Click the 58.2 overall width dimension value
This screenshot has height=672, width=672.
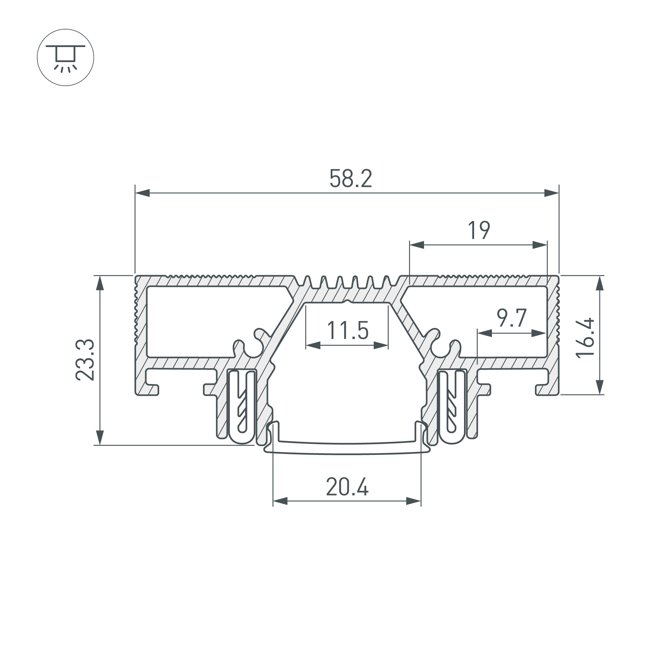pos(350,178)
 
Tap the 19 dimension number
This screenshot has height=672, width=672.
pos(479,230)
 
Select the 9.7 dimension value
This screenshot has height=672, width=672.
pos(511,318)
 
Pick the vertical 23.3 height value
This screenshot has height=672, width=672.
pos(85,360)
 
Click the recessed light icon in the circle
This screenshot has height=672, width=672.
pos(66,57)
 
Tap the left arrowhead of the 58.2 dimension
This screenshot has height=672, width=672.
pos(142,193)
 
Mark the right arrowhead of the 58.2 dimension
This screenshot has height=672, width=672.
pos(552,193)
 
